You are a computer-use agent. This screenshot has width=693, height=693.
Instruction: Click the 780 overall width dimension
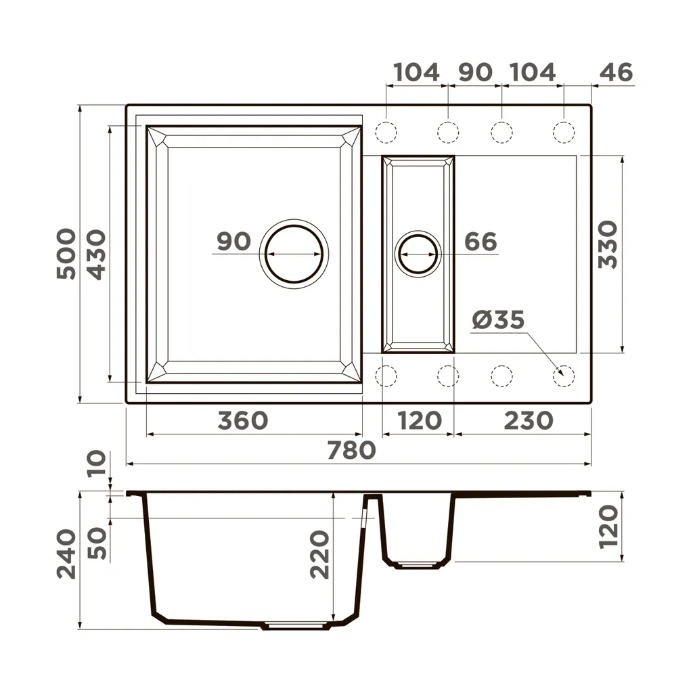(351, 450)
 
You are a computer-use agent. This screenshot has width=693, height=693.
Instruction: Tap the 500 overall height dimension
(66, 254)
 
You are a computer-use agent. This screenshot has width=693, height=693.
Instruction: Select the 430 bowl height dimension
(96, 254)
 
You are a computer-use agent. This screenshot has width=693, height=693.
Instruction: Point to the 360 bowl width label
(243, 420)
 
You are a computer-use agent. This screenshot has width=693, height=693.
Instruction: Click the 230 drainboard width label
(529, 420)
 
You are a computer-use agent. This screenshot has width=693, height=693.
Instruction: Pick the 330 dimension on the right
(608, 244)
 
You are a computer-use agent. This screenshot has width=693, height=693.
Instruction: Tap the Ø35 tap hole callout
(498, 319)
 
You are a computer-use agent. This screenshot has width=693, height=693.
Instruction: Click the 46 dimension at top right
(616, 72)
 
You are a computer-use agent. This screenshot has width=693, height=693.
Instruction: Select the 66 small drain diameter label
(481, 242)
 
